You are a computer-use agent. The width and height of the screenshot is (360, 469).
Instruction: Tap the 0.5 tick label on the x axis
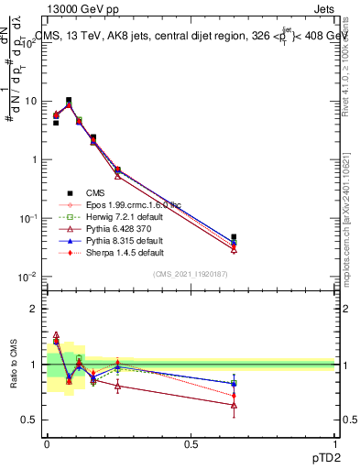[191, 444]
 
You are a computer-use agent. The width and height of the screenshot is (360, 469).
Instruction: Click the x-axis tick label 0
[47, 444]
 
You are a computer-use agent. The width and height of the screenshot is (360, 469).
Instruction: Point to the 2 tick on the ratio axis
[33, 309]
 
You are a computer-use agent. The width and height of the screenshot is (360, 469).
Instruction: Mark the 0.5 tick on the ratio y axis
[29, 420]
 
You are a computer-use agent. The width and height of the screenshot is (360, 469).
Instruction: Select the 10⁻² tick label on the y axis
[27, 276]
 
